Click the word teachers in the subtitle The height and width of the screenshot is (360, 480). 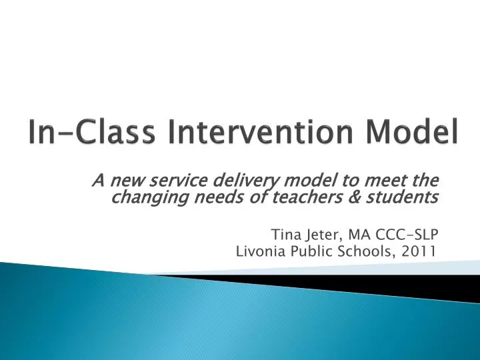278,197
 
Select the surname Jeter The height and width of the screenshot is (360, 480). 320,234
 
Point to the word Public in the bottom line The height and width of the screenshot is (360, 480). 309,251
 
